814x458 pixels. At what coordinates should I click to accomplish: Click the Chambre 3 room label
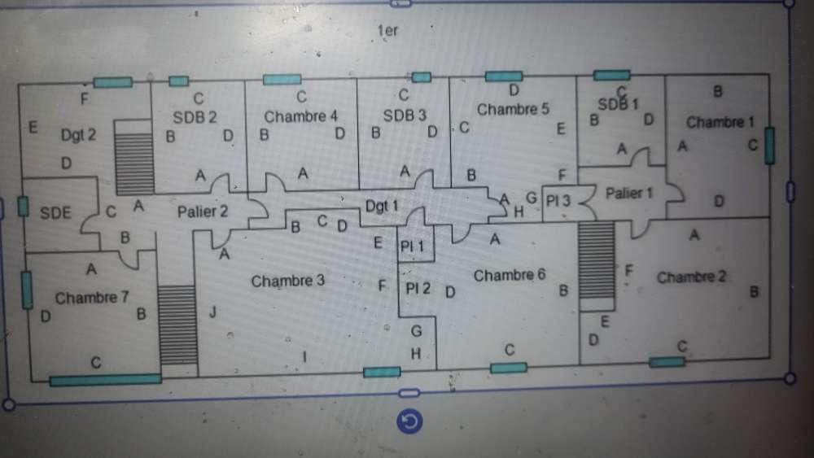click(288, 281)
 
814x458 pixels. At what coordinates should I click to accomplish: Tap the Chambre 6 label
click(510, 276)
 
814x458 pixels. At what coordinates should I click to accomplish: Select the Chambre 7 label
click(92, 298)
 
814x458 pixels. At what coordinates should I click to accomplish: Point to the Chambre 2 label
click(691, 277)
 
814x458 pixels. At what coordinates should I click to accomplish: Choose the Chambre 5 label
click(514, 110)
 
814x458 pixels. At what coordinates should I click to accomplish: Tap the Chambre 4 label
click(301, 116)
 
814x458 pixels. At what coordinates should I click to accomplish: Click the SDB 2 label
click(195, 116)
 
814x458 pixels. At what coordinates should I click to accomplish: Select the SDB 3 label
click(405, 116)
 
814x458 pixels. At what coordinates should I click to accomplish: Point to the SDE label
click(56, 213)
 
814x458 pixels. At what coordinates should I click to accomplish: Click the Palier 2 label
click(203, 212)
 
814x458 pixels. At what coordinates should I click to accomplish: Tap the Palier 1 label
click(629, 194)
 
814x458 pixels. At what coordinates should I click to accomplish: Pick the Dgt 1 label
click(382, 207)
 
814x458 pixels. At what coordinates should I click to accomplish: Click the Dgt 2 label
click(78, 135)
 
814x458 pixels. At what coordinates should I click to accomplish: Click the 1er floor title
click(387, 31)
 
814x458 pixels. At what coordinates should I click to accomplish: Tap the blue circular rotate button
click(410, 421)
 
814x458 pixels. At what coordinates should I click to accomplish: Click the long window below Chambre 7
click(106, 379)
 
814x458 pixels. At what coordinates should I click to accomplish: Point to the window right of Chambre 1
click(769, 146)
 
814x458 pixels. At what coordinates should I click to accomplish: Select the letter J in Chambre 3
click(212, 312)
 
